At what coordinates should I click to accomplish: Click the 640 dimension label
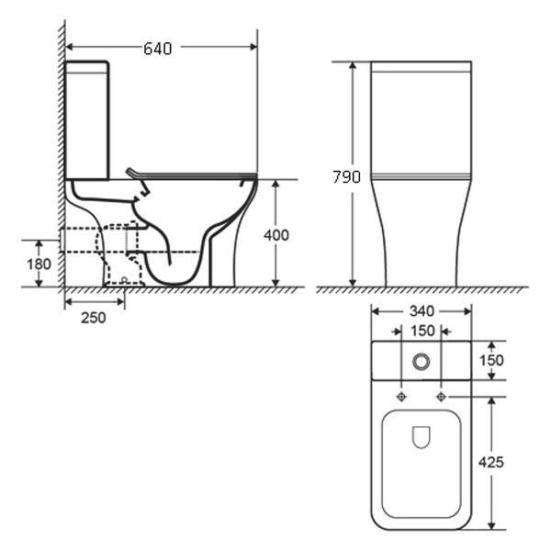(x=158, y=49)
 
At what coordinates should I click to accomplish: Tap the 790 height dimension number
(x=346, y=177)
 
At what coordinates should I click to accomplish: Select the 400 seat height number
(x=276, y=235)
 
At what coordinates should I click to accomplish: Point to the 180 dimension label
(x=39, y=264)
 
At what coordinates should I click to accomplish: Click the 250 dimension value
(x=94, y=318)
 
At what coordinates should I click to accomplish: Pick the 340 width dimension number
(x=422, y=311)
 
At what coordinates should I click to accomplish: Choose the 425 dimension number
(x=491, y=463)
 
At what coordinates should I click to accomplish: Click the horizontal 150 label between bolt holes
(x=422, y=331)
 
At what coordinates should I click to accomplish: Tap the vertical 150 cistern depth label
(x=491, y=361)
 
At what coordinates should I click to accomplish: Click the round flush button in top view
(x=421, y=361)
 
